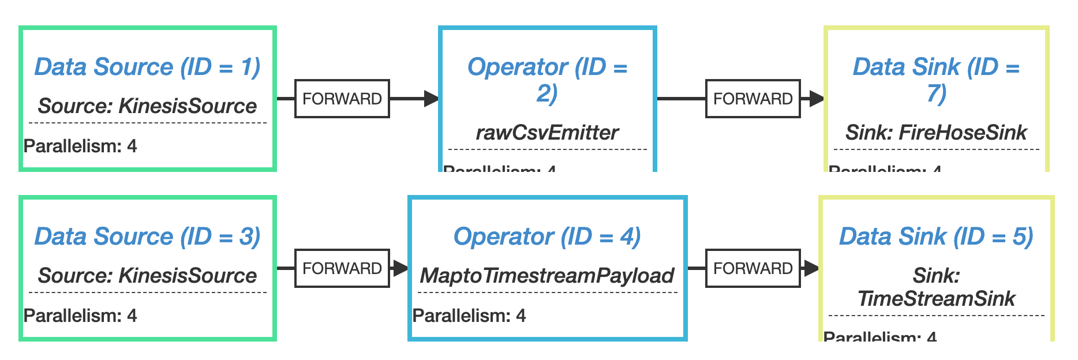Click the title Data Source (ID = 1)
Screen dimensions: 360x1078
147,67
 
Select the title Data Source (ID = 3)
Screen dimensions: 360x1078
147,237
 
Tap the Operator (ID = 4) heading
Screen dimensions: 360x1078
547,237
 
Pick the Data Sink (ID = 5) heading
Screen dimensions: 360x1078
936,237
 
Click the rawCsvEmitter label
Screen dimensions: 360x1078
547,133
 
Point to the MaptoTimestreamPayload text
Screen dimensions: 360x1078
547,276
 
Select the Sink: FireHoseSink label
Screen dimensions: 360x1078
936,133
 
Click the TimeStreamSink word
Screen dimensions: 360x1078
936,299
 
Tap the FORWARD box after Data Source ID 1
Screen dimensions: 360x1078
342,99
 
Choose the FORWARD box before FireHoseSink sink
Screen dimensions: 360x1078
753,99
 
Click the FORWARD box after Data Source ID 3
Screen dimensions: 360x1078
342,268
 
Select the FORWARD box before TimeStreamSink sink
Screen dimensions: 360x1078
753,268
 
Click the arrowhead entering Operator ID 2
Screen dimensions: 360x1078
431,99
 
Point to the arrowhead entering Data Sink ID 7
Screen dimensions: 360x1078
816,99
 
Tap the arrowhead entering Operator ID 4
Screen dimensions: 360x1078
400,268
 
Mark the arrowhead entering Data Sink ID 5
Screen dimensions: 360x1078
811,268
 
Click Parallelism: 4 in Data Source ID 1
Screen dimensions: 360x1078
80,147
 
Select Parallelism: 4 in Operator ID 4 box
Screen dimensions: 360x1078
469,316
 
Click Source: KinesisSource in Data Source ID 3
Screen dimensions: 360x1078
147,276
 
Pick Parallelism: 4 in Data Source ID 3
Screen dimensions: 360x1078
80,316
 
